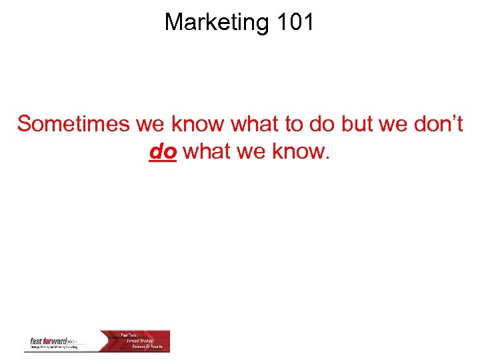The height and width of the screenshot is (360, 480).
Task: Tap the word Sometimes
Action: coord(73,124)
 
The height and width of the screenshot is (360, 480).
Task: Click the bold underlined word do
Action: coord(163,151)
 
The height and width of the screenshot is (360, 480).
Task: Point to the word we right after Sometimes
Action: coord(151,124)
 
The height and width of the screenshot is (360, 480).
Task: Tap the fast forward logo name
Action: coord(49,341)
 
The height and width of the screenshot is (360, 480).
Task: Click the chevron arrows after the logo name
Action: coord(73,341)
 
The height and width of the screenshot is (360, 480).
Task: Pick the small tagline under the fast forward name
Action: coord(53,347)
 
